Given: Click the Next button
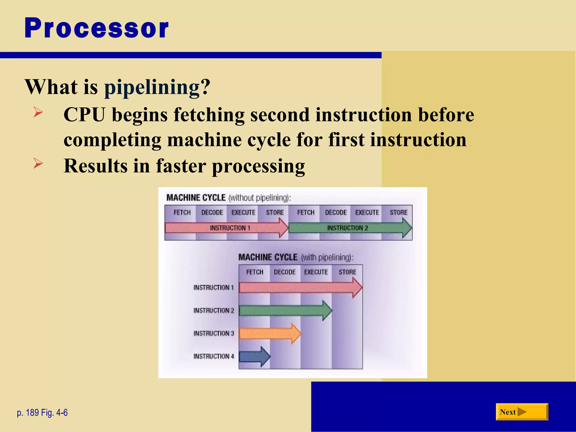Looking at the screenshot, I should (522, 412).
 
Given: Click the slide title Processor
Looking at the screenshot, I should (96, 28).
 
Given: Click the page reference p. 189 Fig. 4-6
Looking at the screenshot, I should (42, 413).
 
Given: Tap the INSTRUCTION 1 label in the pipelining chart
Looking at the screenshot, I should (213, 287).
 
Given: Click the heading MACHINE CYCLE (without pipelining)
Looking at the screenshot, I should (228, 198).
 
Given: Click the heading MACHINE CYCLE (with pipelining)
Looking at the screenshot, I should (296, 257).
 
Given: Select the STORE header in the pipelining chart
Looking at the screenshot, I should (347, 272).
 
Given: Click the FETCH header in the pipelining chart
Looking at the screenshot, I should (255, 272).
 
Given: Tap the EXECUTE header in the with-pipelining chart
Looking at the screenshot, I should (316, 272).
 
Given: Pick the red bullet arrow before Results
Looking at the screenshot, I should (38, 163).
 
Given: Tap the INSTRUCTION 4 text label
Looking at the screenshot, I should (213, 356).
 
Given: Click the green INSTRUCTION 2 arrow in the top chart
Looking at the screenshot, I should (348, 228).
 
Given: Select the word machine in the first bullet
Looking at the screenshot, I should (204, 140).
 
